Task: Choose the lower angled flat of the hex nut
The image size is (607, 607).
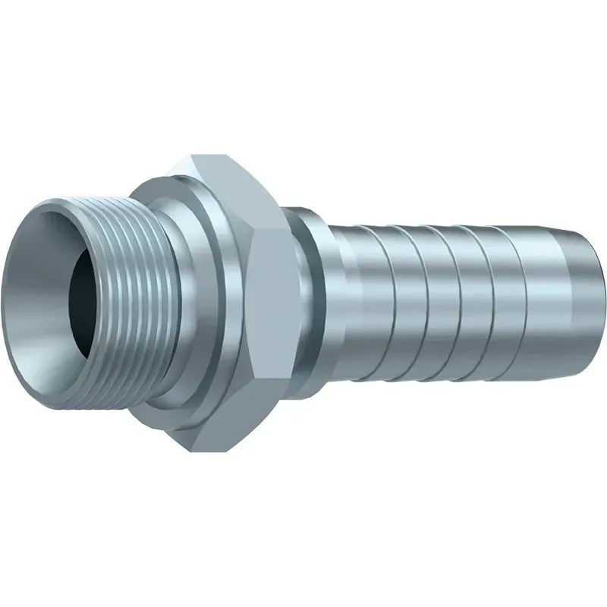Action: (220, 410)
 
